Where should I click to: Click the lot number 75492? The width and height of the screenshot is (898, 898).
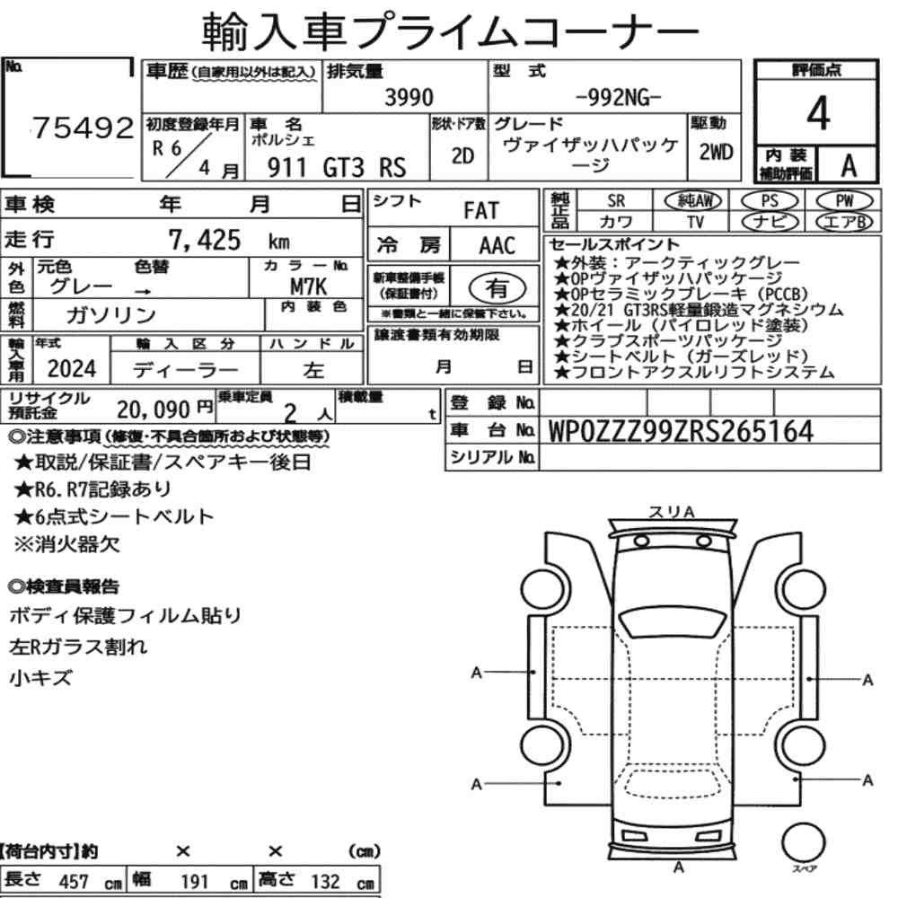[x=83, y=128]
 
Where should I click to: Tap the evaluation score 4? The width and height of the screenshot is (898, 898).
[x=818, y=113]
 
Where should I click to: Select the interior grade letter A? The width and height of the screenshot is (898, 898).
[x=849, y=166]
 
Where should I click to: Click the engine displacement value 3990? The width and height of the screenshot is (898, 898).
[x=409, y=97]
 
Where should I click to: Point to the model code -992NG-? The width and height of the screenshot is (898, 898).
[x=618, y=98]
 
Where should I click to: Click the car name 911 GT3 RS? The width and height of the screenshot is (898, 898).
[x=337, y=168]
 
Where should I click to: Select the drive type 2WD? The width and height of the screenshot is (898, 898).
[x=716, y=153]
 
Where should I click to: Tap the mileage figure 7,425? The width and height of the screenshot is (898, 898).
[x=205, y=240]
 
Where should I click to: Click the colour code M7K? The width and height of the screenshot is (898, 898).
[x=308, y=286]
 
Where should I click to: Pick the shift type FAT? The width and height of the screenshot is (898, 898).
[x=481, y=211]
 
